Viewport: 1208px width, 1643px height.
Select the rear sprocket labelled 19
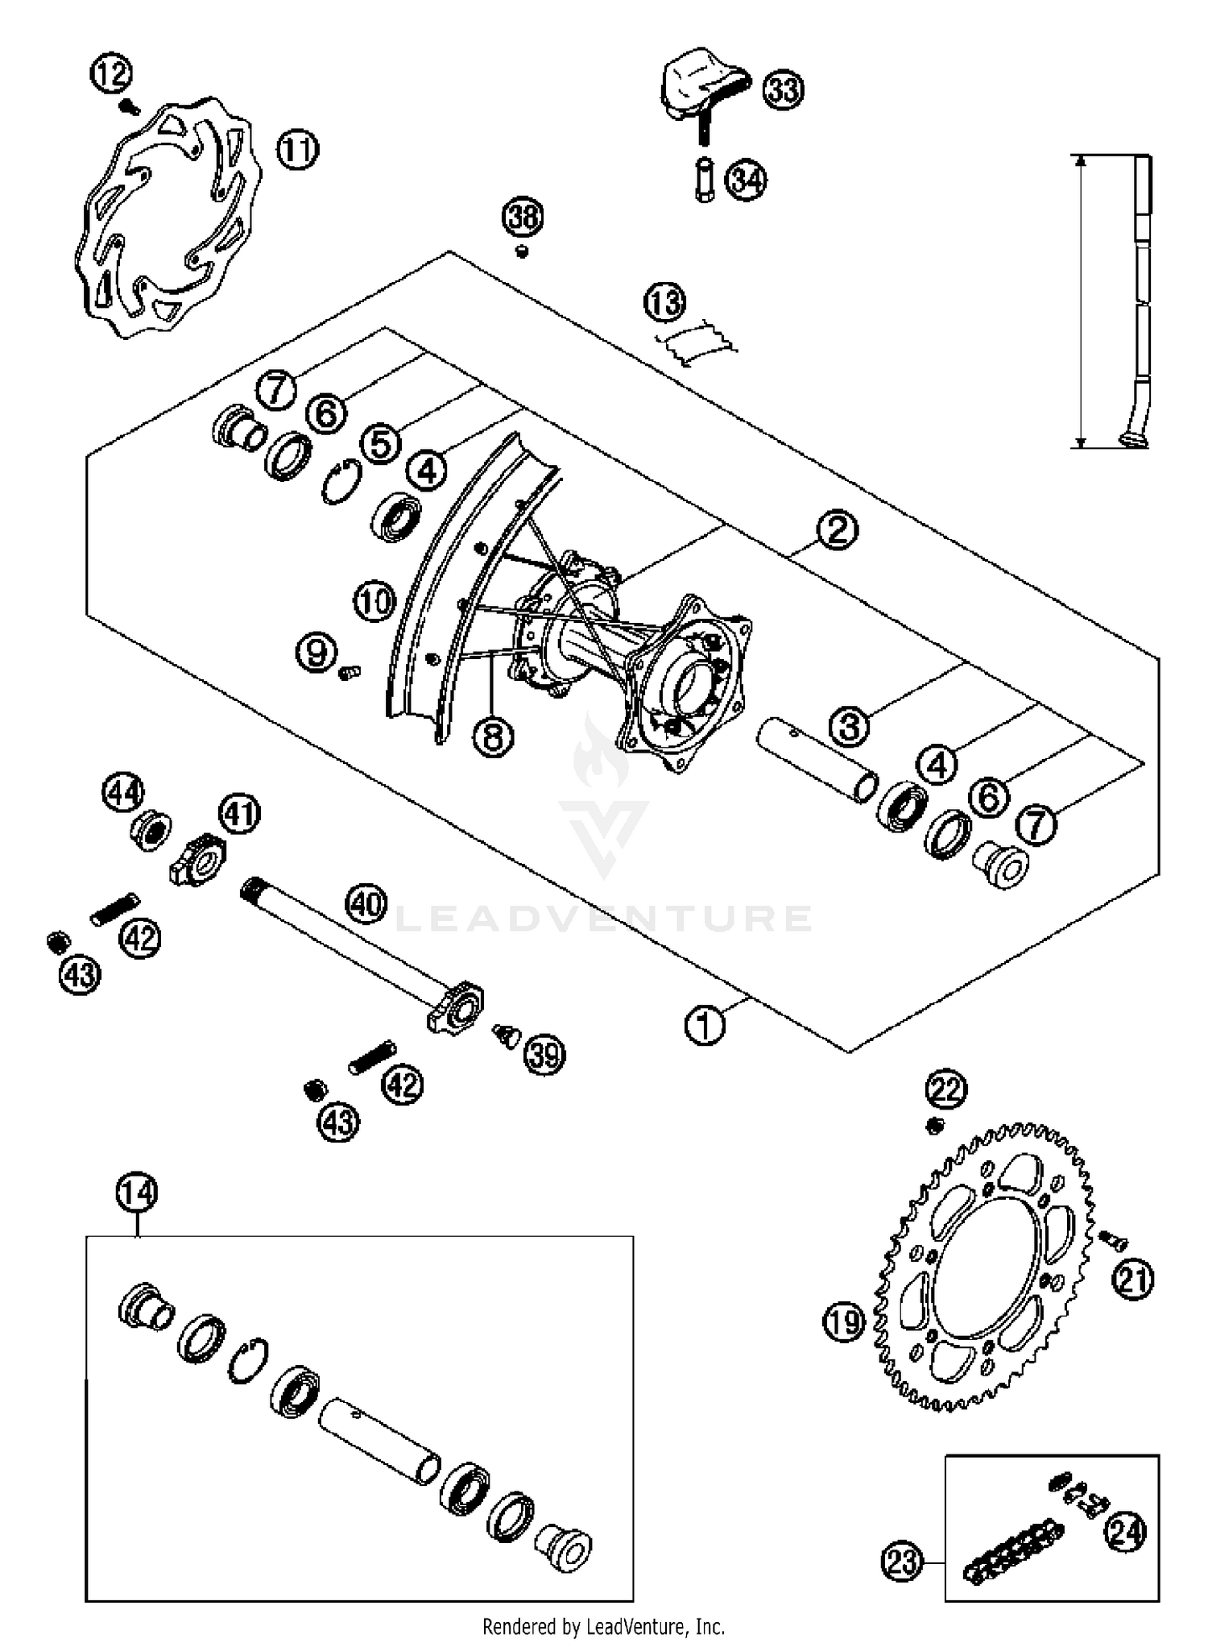[x=987, y=1265]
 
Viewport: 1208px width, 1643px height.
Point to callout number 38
[x=523, y=218]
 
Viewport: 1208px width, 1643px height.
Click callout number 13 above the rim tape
[x=664, y=303]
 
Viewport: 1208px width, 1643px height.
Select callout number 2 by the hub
[x=838, y=530]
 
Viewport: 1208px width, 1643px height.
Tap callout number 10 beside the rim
[x=374, y=602]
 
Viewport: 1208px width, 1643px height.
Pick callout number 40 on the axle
[x=366, y=904]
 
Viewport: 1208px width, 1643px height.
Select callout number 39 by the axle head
[x=544, y=1054]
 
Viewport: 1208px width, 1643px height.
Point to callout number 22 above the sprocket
[x=945, y=1090]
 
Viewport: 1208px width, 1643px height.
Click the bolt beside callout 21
[x=1113, y=1240]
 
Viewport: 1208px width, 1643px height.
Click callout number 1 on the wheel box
[x=705, y=1026]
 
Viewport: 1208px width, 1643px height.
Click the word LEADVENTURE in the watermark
[x=604, y=919]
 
